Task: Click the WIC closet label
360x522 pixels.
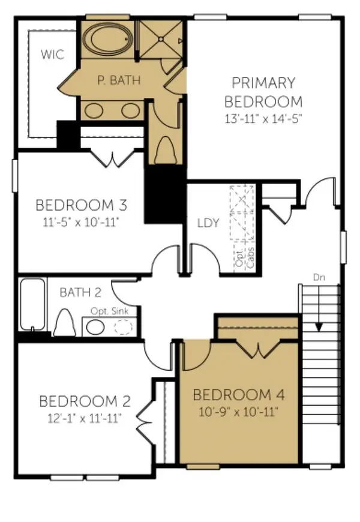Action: click(x=53, y=54)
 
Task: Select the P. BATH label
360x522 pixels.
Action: click(x=119, y=80)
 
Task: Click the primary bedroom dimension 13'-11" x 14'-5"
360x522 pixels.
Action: click(x=263, y=119)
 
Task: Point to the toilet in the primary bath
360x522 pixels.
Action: click(x=166, y=150)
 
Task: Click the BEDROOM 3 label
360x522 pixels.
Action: click(x=81, y=205)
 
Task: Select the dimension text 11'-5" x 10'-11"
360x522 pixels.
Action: click(x=81, y=222)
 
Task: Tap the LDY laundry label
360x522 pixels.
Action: click(x=208, y=223)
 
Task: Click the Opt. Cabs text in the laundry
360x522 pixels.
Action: click(x=245, y=257)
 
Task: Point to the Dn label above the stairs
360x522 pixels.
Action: click(x=319, y=277)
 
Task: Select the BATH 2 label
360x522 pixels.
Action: click(x=80, y=292)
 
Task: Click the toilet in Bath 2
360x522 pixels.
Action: click(x=65, y=323)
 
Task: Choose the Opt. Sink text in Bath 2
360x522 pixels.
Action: click(x=110, y=311)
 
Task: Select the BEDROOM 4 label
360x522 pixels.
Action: click(x=239, y=395)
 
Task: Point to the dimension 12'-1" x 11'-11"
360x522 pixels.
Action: click(x=85, y=418)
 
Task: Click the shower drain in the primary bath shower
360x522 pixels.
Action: click(x=161, y=39)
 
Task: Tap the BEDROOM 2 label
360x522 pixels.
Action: click(x=85, y=401)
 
